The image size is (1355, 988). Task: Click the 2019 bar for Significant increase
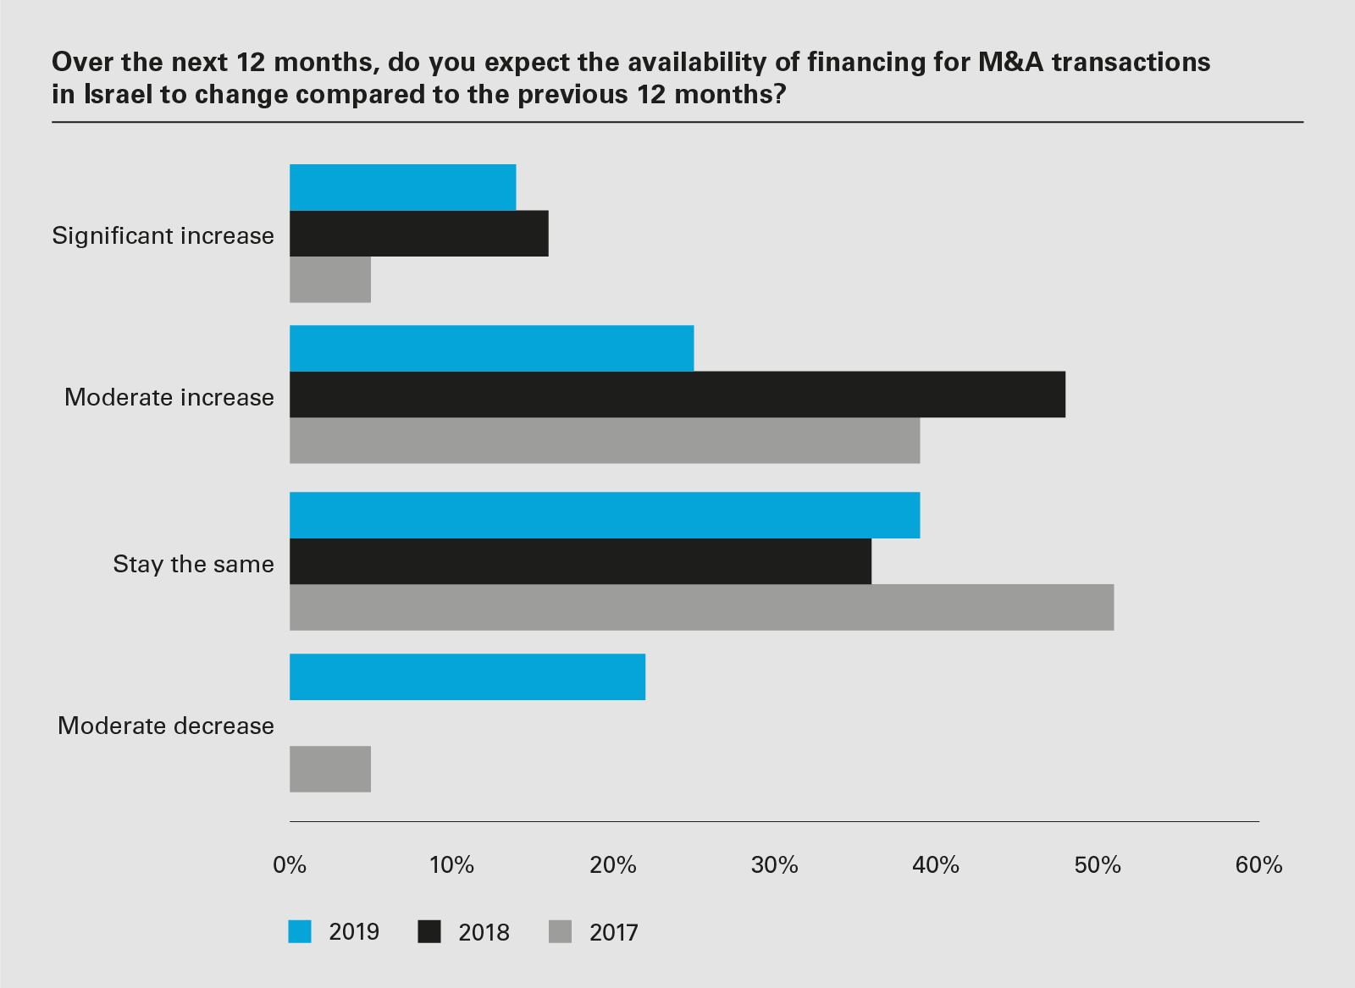(402, 187)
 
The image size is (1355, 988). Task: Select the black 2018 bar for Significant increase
(418, 234)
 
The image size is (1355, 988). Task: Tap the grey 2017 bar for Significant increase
(330, 279)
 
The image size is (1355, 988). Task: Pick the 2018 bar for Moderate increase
(677, 395)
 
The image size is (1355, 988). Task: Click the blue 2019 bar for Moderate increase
(491, 348)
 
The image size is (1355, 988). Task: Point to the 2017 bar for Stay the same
(701, 607)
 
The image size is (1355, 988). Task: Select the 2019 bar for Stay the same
(605, 515)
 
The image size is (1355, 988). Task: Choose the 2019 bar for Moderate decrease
(467, 677)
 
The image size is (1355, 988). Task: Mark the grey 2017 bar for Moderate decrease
(330, 769)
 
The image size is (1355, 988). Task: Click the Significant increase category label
(163, 235)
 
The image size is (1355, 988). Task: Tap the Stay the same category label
(193, 564)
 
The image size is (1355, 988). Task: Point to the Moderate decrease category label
(165, 726)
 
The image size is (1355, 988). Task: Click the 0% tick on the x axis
(290, 865)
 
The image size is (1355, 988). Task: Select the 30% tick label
(774, 865)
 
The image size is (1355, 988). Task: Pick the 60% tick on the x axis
(1258, 865)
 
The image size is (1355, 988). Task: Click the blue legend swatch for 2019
(300, 931)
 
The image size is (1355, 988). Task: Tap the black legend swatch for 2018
(430, 931)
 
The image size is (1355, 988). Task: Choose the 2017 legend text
(613, 932)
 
